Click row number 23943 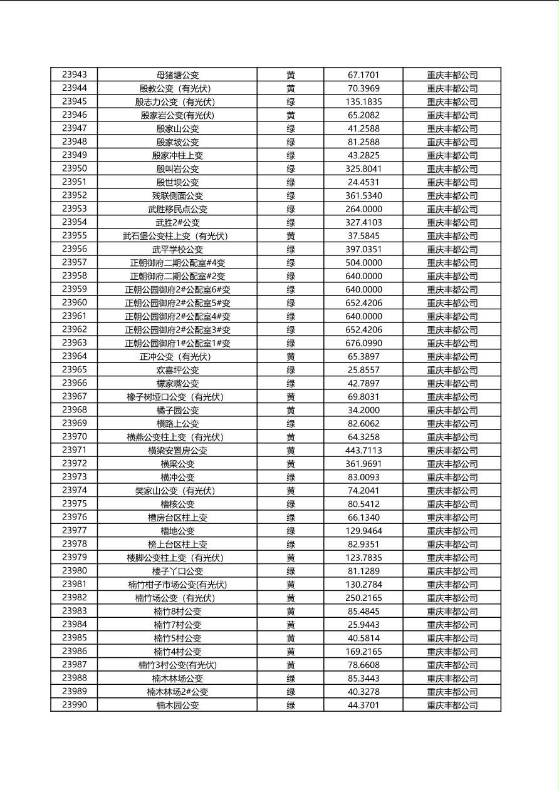pyautogui.click(x=75, y=75)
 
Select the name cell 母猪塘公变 pyautogui.click(x=177, y=75)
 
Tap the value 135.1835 pyautogui.click(x=363, y=102)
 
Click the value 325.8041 pyautogui.click(x=363, y=169)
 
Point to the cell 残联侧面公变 pyautogui.click(x=177, y=196)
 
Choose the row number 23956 pyautogui.click(x=75, y=249)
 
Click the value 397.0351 pyautogui.click(x=363, y=249)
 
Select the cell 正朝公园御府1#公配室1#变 pyautogui.click(x=177, y=343)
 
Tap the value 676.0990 pyautogui.click(x=363, y=343)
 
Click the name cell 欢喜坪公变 pyautogui.click(x=177, y=370)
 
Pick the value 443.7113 pyautogui.click(x=363, y=451)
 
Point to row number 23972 pyautogui.click(x=75, y=464)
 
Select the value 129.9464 pyautogui.click(x=363, y=531)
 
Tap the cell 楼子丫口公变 pyautogui.click(x=177, y=571)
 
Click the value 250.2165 pyautogui.click(x=363, y=598)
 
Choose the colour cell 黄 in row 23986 pyautogui.click(x=291, y=652)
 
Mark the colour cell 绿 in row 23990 pyautogui.click(x=291, y=705)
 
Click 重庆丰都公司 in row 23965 pyautogui.click(x=452, y=370)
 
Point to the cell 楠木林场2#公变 pyautogui.click(x=177, y=692)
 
